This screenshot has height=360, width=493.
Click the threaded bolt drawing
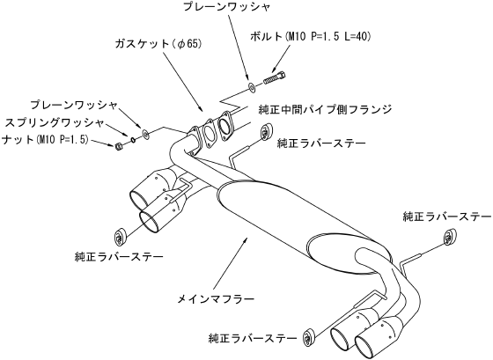click(x=275, y=78)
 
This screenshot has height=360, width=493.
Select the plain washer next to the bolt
click(x=252, y=87)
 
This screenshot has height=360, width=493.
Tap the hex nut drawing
click(x=119, y=146)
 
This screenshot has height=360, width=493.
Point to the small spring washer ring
click(x=133, y=139)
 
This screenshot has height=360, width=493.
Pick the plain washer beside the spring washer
click(x=145, y=134)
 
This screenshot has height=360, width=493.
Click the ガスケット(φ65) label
click(x=158, y=44)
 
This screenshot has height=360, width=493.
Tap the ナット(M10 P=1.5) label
click(x=45, y=139)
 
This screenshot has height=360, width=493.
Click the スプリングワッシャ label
click(x=54, y=122)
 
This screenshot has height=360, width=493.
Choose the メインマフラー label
click(x=216, y=299)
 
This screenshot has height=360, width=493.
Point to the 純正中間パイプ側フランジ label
click(x=325, y=109)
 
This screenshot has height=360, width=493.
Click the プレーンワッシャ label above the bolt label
click(x=226, y=7)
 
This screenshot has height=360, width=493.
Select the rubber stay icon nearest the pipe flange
click(x=268, y=131)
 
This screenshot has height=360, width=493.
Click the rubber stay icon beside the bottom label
click(x=309, y=336)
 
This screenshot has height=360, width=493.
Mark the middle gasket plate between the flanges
click(x=209, y=133)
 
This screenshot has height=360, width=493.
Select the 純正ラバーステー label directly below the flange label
click(x=321, y=143)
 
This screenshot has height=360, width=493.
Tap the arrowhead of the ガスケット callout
click(x=201, y=108)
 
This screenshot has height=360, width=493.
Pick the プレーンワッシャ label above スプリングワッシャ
click(x=74, y=106)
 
